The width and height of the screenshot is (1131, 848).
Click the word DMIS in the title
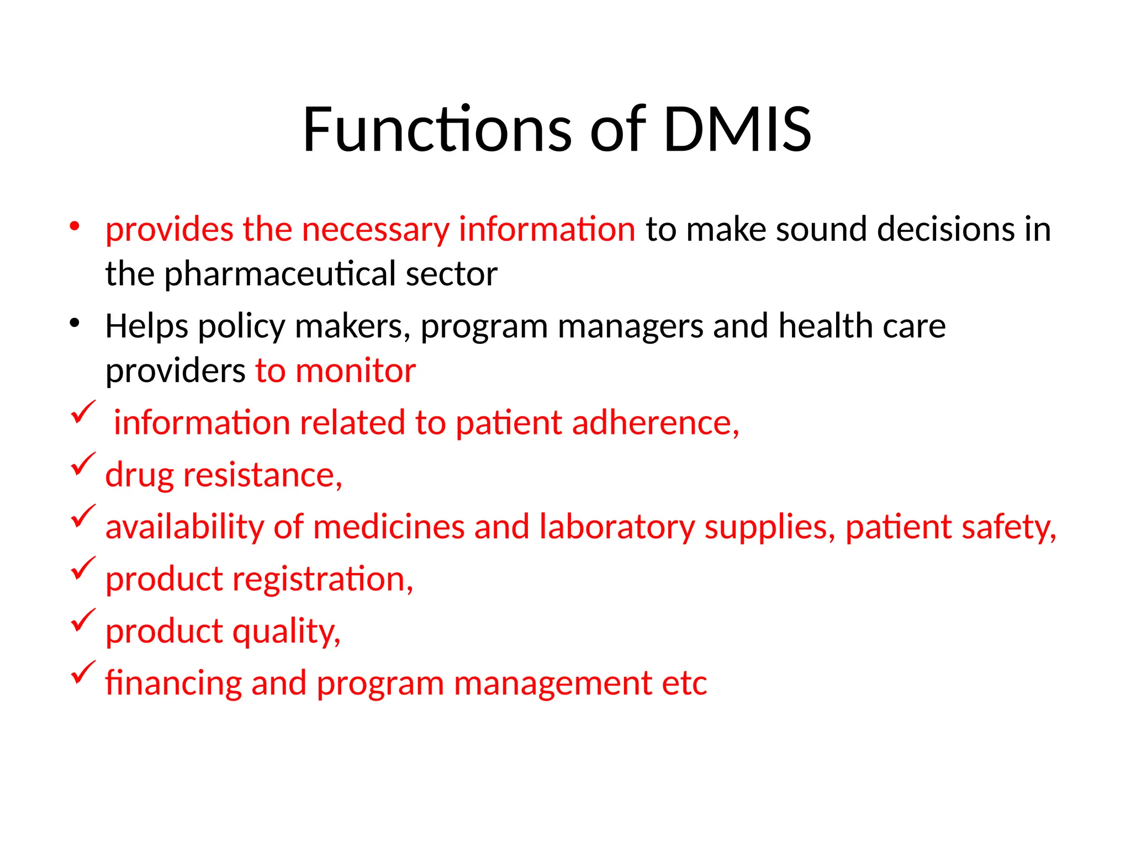(737, 130)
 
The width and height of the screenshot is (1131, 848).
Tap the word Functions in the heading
(436, 130)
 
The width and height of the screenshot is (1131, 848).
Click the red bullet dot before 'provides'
(75, 226)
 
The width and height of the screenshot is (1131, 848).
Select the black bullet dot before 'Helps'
(75, 323)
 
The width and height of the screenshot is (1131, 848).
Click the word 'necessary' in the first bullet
(376, 230)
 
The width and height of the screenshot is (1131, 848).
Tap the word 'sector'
(451, 274)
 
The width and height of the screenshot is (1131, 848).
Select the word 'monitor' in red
(356, 370)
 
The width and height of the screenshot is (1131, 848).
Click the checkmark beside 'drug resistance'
(83, 464)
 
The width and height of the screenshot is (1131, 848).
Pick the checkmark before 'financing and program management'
(83, 672)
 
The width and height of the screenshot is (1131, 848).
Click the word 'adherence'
(652, 423)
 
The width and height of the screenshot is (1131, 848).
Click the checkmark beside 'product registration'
(83, 568)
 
